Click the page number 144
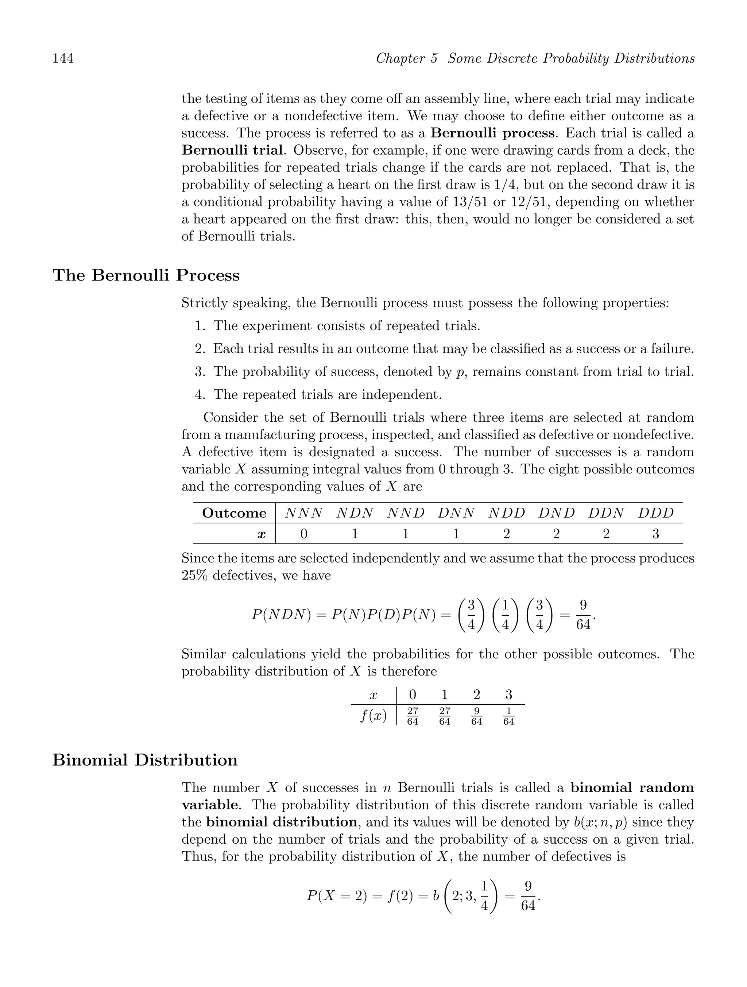(63, 58)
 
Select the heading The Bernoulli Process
(146, 275)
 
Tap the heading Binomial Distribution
(145, 759)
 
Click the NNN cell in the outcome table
(303, 513)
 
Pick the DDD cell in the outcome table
(655, 513)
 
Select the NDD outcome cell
(507, 513)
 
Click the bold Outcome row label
(234, 513)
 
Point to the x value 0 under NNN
(303, 534)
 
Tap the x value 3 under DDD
(655, 534)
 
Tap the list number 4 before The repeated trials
(199, 394)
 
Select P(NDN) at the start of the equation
(281, 615)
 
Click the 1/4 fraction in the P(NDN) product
(505, 615)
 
